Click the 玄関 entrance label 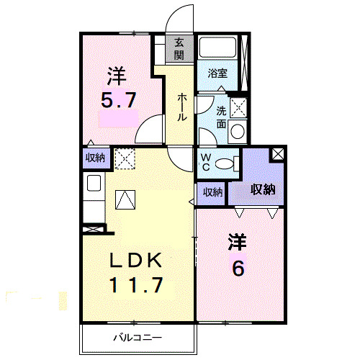click(x=179, y=50)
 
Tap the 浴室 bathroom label click(x=218, y=73)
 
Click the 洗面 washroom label click(x=221, y=118)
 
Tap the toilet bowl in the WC click(x=226, y=163)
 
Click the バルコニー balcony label click(x=137, y=337)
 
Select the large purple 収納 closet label click(x=264, y=189)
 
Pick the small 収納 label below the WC click(x=212, y=192)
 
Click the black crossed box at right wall click(x=276, y=154)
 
